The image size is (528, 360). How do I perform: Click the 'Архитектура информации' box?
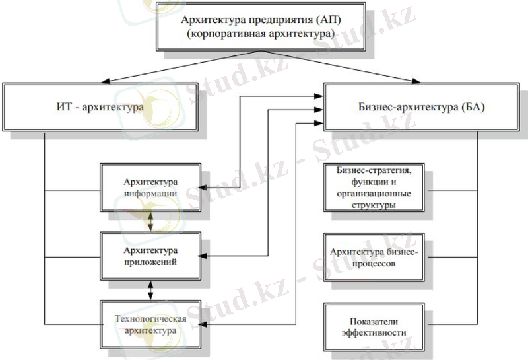[x=150, y=187]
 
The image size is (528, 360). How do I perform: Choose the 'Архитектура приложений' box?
[x=150, y=255]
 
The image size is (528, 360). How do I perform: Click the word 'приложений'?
[x=150, y=262]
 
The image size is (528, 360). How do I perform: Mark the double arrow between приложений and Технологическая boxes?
[x=151, y=289]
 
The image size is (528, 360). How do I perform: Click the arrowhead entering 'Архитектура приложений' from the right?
[x=204, y=254]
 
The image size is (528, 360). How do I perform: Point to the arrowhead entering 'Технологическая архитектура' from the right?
[x=204, y=323]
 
